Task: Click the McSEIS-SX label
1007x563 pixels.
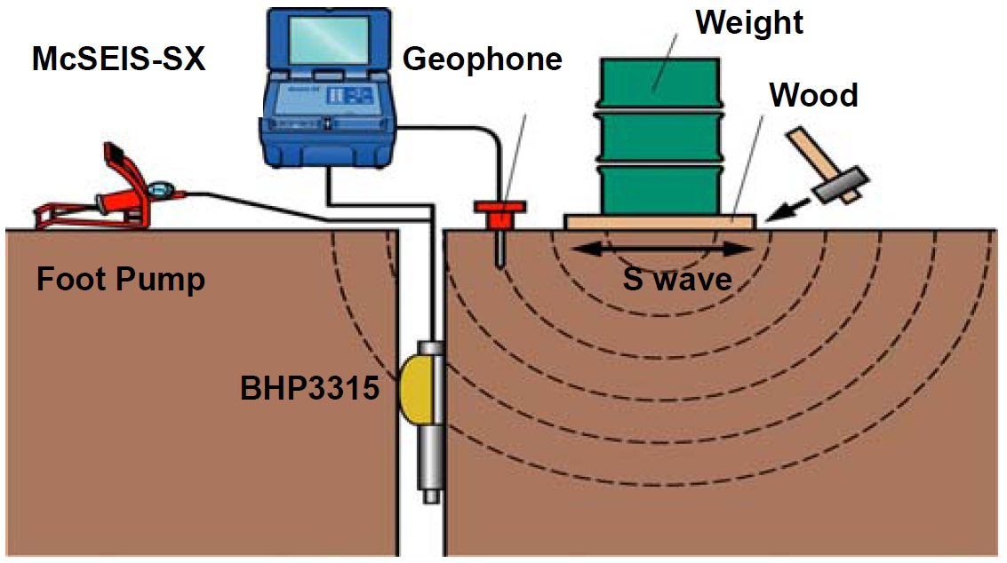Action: point(118,59)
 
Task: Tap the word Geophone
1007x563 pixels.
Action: point(483,59)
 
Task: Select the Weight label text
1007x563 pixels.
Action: point(749,22)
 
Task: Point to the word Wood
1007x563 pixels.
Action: point(813,94)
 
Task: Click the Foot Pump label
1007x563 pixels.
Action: point(121,280)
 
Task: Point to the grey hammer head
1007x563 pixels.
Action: point(838,182)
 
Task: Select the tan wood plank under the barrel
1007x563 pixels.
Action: point(659,220)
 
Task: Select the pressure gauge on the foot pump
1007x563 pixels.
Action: point(161,188)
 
